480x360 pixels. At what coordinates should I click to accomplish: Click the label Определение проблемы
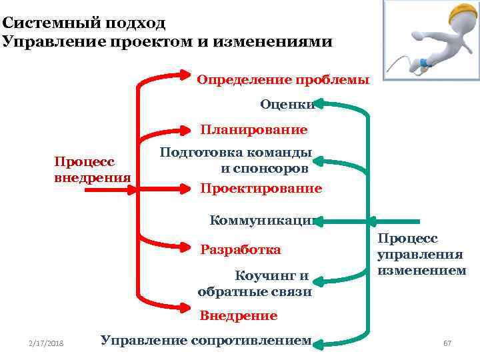point(283,80)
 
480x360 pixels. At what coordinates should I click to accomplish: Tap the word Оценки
point(287,104)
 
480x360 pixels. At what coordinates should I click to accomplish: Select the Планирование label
point(254,129)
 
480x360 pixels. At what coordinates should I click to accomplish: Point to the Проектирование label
point(261,189)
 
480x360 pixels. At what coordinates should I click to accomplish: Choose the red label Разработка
point(241,250)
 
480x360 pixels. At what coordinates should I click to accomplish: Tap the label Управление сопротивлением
point(206,340)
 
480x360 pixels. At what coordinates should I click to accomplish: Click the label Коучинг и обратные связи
point(255,283)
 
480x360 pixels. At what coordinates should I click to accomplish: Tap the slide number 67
point(447,343)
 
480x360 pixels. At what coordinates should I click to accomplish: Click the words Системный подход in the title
point(83,22)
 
